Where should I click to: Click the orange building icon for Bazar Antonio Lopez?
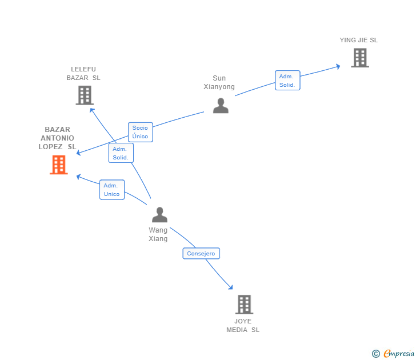pyautogui.click(x=58, y=165)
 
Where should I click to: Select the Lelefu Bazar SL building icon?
pyautogui.click(x=85, y=95)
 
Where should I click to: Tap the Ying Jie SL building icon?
pyautogui.click(x=359, y=58)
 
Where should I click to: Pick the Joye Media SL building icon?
pyautogui.click(x=244, y=305)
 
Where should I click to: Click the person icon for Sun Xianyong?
pyautogui.click(x=221, y=106)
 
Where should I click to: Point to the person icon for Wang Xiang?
pyautogui.click(x=159, y=215)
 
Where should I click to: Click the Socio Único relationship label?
pyautogui.click(x=140, y=132)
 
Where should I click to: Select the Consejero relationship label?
pyautogui.click(x=201, y=253)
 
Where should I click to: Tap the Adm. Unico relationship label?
pyautogui.click(x=111, y=190)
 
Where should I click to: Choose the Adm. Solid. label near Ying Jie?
pyautogui.click(x=287, y=81)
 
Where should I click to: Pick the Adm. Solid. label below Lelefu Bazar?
pyautogui.click(x=121, y=153)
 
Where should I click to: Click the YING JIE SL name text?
pyautogui.click(x=358, y=40)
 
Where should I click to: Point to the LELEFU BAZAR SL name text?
pyautogui.click(x=83, y=73)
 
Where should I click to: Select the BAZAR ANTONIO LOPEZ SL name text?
pyautogui.click(x=57, y=138)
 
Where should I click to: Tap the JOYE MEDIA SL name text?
pyautogui.click(x=243, y=325)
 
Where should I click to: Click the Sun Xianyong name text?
pyautogui.click(x=219, y=82)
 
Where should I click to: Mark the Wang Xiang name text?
pyautogui.click(x=158, y=234)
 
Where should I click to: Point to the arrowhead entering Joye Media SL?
pyautogui.click(x=230, y=286)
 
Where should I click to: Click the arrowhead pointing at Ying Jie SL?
pyautogui.click(x=337, y=66)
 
